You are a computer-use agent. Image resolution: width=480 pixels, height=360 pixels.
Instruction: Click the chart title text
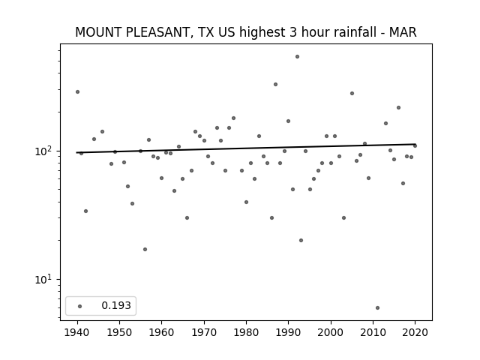click(x=246, y=32)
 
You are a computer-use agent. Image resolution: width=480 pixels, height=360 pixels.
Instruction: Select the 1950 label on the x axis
click(x=120, y=332)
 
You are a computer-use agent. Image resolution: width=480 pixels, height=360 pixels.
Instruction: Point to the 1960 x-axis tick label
click(x=162, y=332)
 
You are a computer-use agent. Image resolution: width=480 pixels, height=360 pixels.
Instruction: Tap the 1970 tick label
click(x=204, y=332)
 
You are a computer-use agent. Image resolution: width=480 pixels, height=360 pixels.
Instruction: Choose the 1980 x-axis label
click(x=247, y=332)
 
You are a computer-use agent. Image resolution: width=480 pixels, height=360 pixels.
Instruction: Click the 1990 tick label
click(x=289, y=332)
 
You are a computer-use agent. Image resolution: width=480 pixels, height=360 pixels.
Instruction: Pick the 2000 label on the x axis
click(x=331, y=332)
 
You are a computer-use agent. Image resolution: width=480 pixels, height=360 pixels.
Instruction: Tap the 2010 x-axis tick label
click(x=373, y=332)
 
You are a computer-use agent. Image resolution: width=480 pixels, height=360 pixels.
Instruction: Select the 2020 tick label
click(x=415, y=332)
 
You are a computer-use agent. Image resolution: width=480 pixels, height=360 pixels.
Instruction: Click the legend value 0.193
click(x=116, y=305)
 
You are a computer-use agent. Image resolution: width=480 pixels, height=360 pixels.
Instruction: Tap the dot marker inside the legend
click(x=80, y=306)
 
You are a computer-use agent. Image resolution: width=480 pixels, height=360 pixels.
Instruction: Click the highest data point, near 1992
click(x=297, y=57)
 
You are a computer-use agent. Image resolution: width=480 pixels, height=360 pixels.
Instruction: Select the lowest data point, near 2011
click(x=377, y=308)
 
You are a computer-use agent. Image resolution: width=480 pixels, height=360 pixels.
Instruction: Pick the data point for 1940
click(x=77, y=91)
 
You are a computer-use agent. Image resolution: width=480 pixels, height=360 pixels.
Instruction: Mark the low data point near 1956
click(x=145, y=250)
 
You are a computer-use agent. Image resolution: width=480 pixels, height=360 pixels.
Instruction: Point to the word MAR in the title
click(x=403, y=32)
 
